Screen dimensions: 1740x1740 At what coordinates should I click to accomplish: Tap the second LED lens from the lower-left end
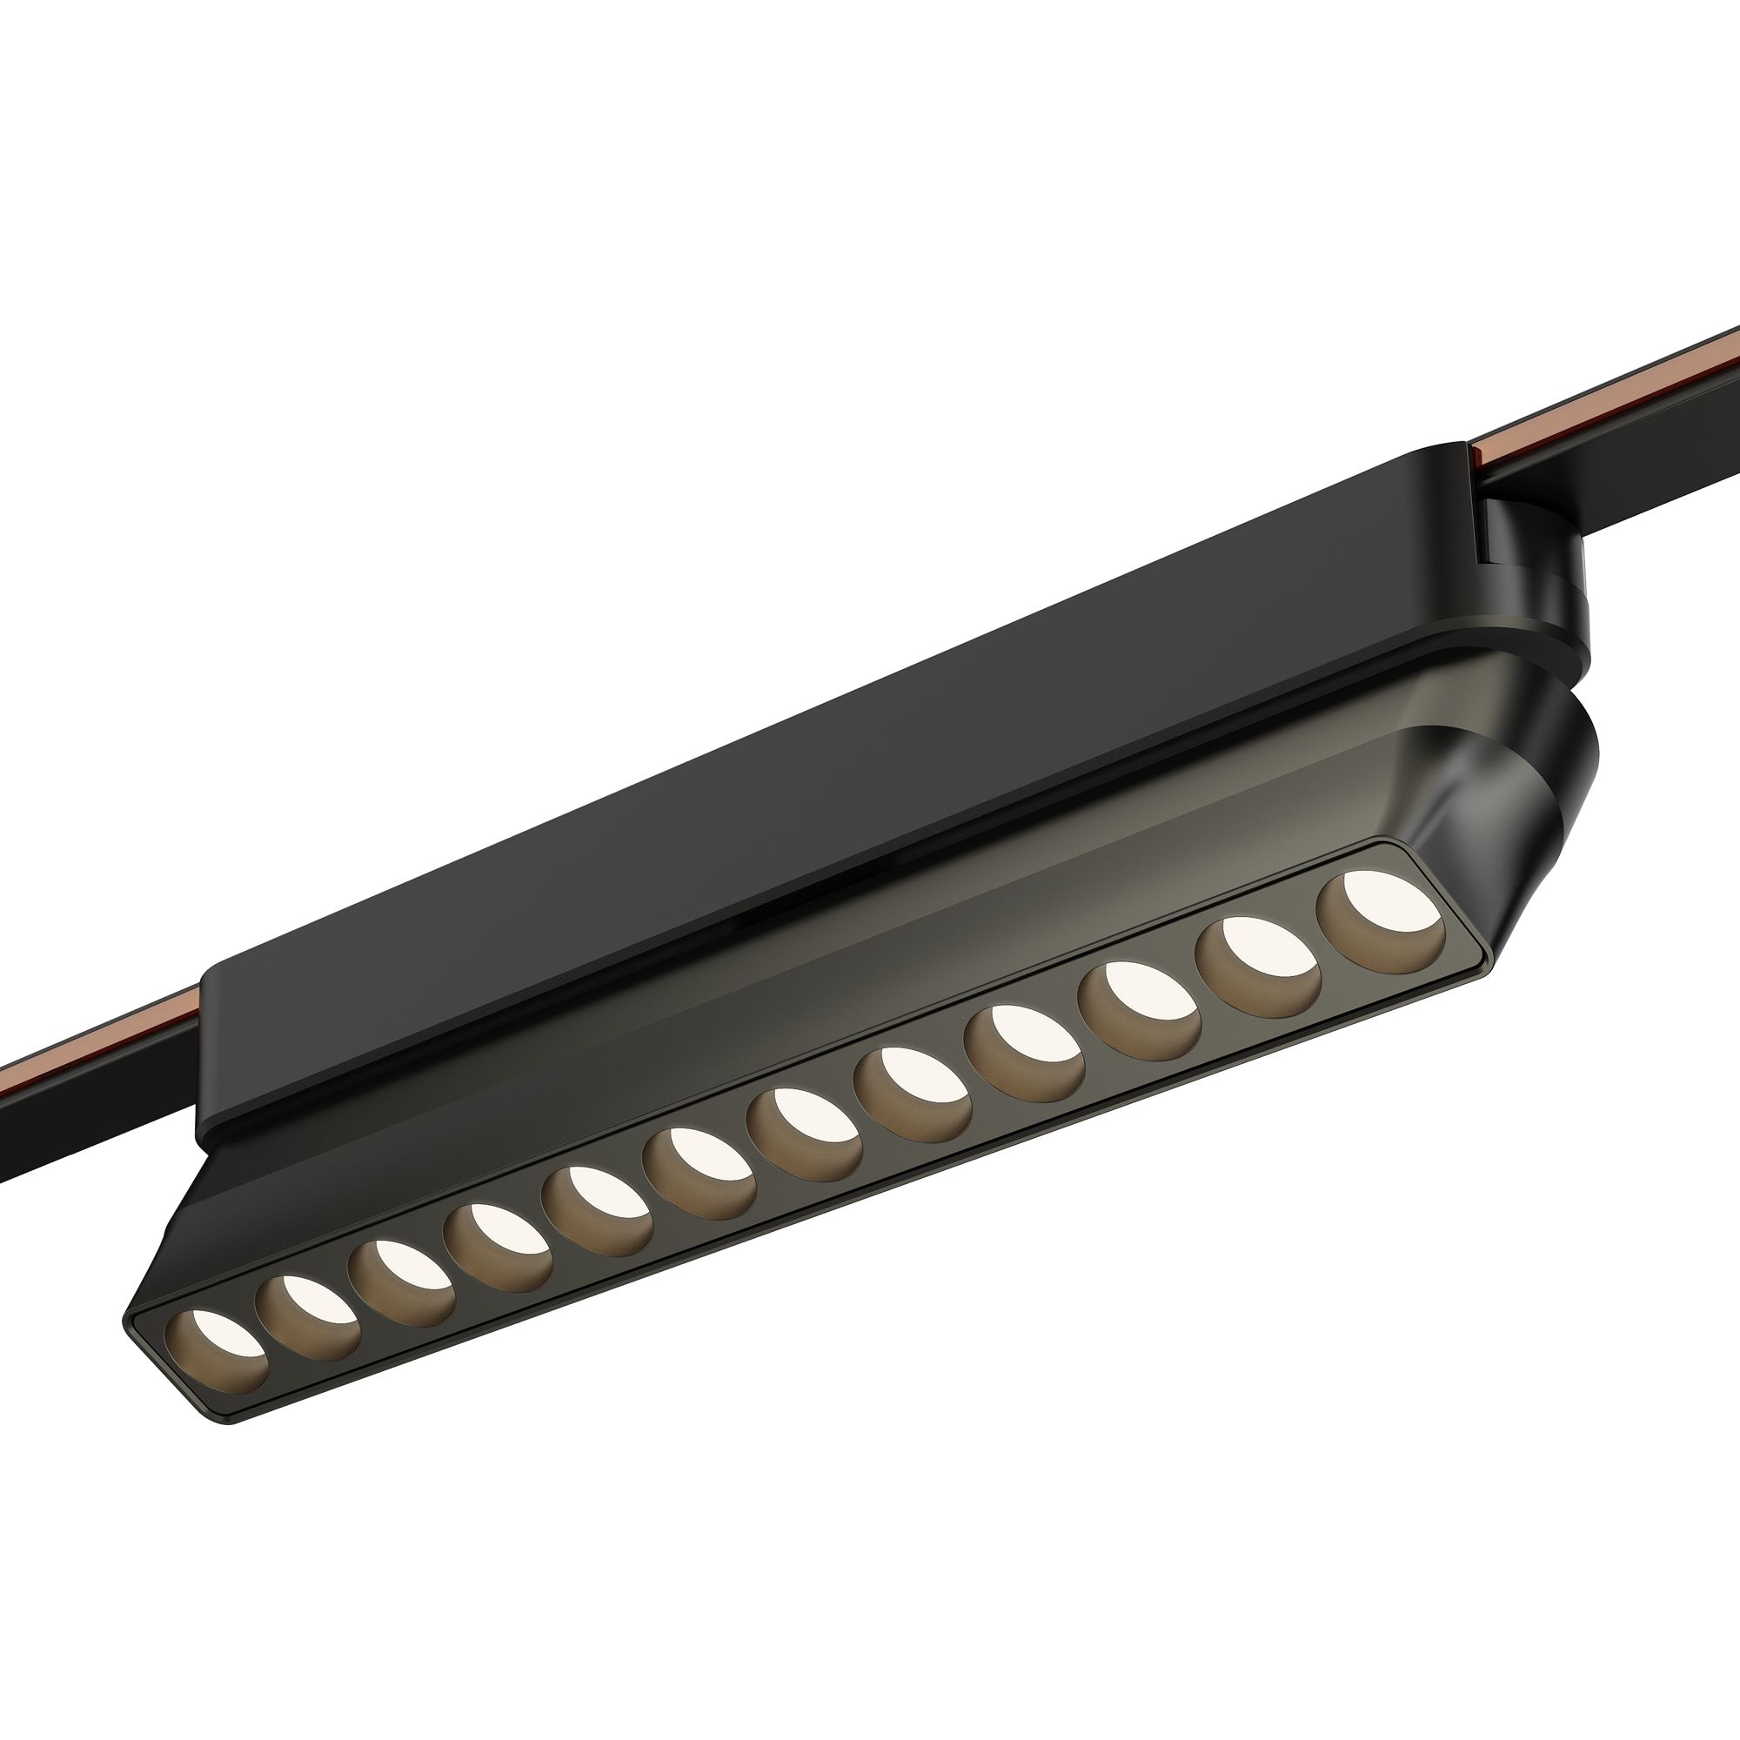click(308, 1306)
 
